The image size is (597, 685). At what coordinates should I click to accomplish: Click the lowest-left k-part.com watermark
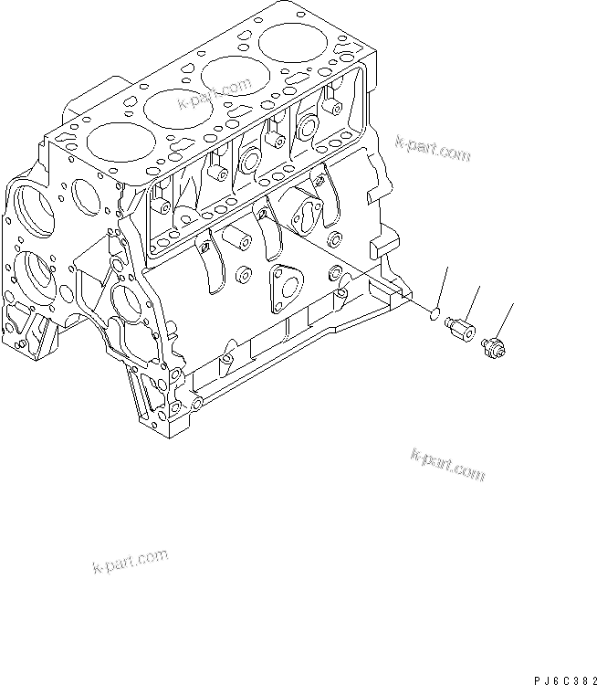[131, 562]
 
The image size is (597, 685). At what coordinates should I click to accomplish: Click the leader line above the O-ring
[444, 288]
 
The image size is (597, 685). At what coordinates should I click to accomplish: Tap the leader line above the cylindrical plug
[474, 300]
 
